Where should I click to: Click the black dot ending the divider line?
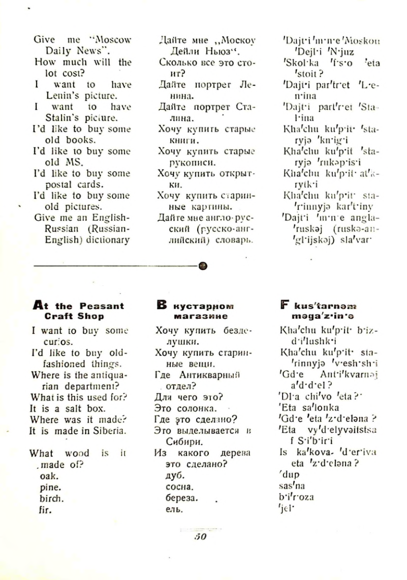[202, 266]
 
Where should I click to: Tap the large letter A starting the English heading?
[39, 306]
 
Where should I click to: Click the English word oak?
[49, 476]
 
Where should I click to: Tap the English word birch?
[52, 498]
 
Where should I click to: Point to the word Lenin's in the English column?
[51, 96]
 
